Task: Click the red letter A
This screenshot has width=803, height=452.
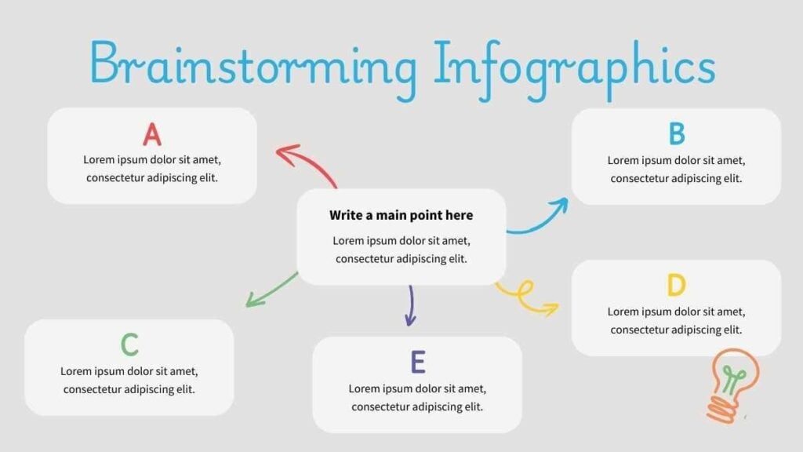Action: [152, 135]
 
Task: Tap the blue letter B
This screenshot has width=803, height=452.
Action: [677, 134]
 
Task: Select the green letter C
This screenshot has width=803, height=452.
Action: [129, 344]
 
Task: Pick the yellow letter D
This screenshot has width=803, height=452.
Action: [677, 285]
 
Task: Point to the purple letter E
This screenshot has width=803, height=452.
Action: [418, 362]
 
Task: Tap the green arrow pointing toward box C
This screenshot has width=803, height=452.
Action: [271, 290]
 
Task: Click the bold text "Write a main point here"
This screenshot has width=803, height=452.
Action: [401, 215]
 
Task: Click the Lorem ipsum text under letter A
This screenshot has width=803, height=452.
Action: [152, 169]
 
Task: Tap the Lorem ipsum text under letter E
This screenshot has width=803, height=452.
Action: [417, 398]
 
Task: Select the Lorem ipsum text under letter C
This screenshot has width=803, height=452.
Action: [129, 381]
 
